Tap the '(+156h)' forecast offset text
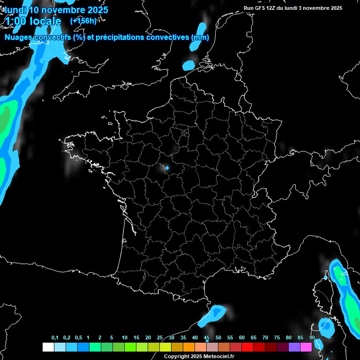(83, 21)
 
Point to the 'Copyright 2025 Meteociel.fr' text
(199, 357)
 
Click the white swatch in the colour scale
(48, 347)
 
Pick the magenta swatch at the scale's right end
(306, 347)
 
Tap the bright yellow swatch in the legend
(165, 347)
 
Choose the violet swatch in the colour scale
(294, 347)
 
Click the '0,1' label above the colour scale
(55, 338)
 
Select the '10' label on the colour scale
(124, 338)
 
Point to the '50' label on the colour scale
(218, 338)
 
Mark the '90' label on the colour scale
(312, 338)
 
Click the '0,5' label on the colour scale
(78, 338)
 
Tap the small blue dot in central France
(167, 167)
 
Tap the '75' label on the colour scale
(277, 338)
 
